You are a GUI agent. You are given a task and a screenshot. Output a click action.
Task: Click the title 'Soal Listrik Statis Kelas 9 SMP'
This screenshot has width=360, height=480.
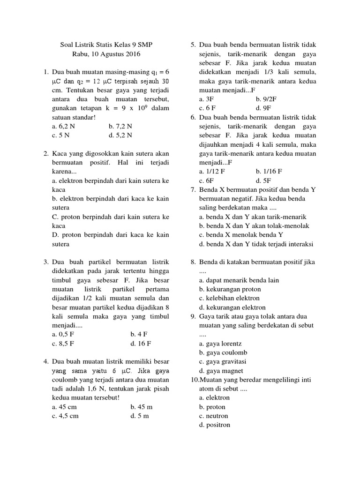106,45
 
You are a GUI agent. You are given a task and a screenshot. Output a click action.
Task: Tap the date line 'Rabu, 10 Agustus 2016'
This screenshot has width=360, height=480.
106,54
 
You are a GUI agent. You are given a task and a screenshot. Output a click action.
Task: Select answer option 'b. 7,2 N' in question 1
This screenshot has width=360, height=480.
120,126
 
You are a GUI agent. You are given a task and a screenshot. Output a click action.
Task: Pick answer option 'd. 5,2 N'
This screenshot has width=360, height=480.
120,135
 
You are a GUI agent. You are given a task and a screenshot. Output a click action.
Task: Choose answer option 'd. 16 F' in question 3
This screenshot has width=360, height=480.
141,344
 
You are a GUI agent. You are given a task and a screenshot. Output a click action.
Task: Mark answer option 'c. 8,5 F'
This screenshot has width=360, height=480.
63,344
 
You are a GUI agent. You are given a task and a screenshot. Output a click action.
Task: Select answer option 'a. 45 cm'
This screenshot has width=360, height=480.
65,407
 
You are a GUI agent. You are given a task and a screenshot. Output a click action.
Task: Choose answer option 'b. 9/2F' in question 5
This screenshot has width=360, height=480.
267,99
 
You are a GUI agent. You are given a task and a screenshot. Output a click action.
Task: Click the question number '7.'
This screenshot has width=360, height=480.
193,190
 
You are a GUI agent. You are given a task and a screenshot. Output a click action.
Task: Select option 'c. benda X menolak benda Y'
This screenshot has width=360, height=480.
241,235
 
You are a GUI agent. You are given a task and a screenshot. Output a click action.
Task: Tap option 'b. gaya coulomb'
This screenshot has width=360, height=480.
223,352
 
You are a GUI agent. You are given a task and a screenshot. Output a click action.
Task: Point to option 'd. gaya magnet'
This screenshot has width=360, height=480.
221,371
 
